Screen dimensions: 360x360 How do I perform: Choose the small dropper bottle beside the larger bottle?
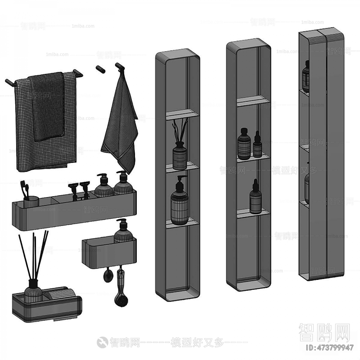click(257, 145)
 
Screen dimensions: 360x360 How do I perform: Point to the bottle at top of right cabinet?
click(305, 76)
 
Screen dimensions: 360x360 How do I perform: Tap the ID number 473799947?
click(329, 348)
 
